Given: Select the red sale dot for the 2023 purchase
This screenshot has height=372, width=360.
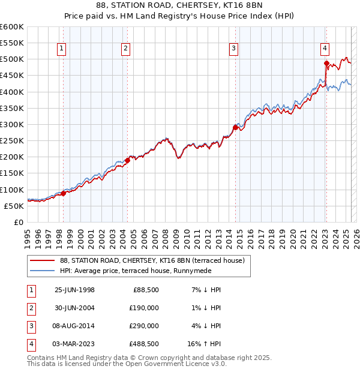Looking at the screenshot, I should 326,63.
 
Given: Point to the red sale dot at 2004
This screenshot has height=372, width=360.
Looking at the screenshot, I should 127,160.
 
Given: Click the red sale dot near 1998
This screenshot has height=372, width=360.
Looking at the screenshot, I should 64,193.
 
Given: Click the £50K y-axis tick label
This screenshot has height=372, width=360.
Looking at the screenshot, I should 14,206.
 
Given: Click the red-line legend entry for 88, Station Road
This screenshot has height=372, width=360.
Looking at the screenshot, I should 152,260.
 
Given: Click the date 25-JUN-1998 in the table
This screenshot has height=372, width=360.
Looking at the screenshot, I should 74,290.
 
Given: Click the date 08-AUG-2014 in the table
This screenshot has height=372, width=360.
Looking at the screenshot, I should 74,326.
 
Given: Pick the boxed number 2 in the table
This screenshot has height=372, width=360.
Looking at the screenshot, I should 30,308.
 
